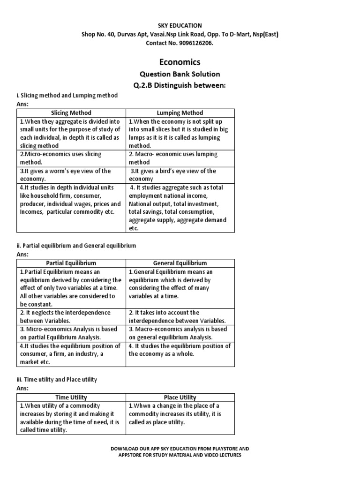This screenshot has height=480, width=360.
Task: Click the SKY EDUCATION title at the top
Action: pos(180,25)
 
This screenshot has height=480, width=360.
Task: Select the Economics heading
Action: pos(180,62)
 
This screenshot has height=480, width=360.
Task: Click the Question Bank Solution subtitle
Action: pos(180,74)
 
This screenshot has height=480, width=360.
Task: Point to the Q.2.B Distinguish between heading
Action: pos(180,85)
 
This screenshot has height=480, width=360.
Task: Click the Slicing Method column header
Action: pos(71,113)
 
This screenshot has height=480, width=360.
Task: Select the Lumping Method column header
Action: pos(180,113)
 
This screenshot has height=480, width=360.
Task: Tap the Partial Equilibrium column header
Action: pos(71,263)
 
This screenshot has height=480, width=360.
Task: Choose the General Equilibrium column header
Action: pos(180,263)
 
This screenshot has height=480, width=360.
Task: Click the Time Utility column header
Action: pos(71,397)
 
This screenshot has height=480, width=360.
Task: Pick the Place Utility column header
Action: pos(180,397)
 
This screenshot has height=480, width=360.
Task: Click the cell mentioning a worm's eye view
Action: pos(71,175)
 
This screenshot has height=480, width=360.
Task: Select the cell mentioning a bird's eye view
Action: pos(180,175)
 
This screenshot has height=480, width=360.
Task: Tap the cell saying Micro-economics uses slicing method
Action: pos(71,158)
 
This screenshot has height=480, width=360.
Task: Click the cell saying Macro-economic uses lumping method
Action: pos(180,158)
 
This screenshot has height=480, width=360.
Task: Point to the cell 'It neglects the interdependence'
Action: pos(71,316)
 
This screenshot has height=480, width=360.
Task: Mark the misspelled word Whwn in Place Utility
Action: pos(141,405)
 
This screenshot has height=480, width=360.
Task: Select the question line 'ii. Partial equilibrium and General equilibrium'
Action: pos(76,245)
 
